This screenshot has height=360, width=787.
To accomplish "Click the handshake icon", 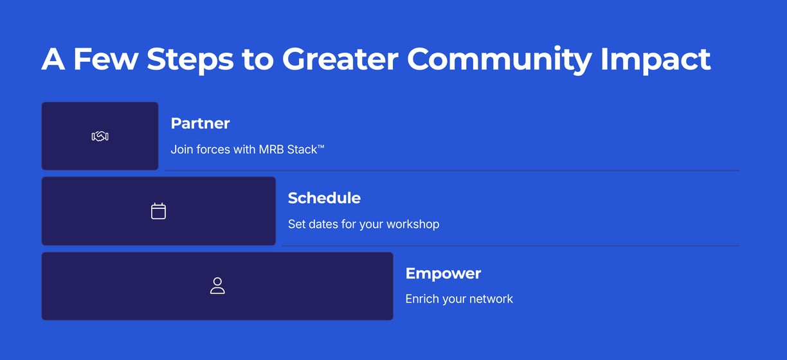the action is pos(100,136).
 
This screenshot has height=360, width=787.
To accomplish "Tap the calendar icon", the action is pos(158,211).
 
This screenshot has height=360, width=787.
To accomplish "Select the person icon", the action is pos(217,285).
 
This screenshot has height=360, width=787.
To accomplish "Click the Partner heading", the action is pos(200,123).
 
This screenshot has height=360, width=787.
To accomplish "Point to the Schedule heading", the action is pos(324,198).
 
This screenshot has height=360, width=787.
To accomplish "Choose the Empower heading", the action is pos(443,274).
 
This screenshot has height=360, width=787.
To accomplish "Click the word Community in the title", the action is pos(499,60).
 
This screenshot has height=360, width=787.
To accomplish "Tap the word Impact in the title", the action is pos(656,60).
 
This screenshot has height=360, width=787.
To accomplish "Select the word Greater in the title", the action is pos(340,59).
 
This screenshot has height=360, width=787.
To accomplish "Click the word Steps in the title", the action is pos(190,60).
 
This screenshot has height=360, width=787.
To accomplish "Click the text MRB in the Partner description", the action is pos(271,150).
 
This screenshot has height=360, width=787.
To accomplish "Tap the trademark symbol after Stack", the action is pos(321,147).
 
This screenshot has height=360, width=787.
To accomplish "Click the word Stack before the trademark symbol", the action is pos(302,150).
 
